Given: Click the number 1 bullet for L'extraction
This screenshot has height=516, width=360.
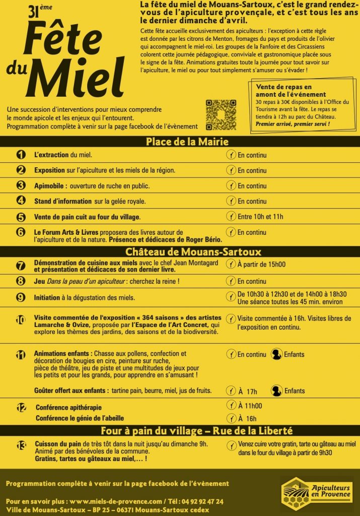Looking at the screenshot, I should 21,155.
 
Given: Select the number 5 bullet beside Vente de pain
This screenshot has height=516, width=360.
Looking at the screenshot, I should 21,217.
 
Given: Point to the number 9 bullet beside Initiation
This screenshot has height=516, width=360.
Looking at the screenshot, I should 21,297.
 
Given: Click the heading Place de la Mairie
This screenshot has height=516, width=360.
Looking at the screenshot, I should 180,142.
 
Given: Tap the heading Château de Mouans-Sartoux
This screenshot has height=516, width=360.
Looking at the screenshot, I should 180,251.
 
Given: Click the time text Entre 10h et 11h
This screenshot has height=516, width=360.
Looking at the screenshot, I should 260,217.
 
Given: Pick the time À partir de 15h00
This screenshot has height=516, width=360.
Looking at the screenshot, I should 261,264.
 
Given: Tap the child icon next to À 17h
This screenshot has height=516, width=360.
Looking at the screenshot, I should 276,390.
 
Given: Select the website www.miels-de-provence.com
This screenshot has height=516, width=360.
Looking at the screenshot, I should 115,501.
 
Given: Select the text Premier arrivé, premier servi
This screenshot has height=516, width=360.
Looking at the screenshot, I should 293,124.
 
